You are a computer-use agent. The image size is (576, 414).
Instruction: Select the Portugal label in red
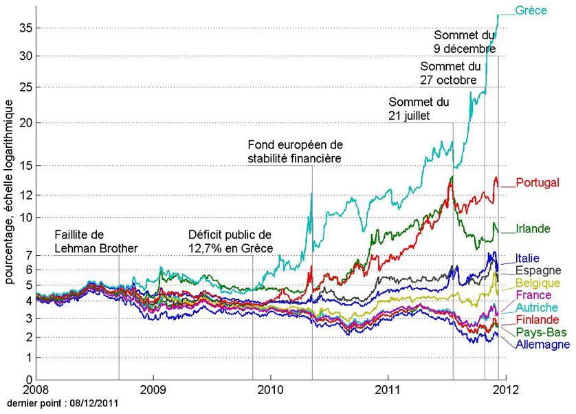537,183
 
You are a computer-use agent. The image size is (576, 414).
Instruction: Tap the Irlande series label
534,229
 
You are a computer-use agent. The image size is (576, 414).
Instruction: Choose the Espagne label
538,271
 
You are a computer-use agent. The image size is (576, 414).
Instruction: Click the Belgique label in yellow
538,283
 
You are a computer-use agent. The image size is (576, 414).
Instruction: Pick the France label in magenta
534,296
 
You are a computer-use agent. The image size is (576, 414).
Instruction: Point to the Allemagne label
542,345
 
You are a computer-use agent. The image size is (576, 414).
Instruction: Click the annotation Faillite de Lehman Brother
96,241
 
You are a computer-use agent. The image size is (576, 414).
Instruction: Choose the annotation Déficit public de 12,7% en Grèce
231,241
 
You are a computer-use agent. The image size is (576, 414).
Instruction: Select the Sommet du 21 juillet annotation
419,109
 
